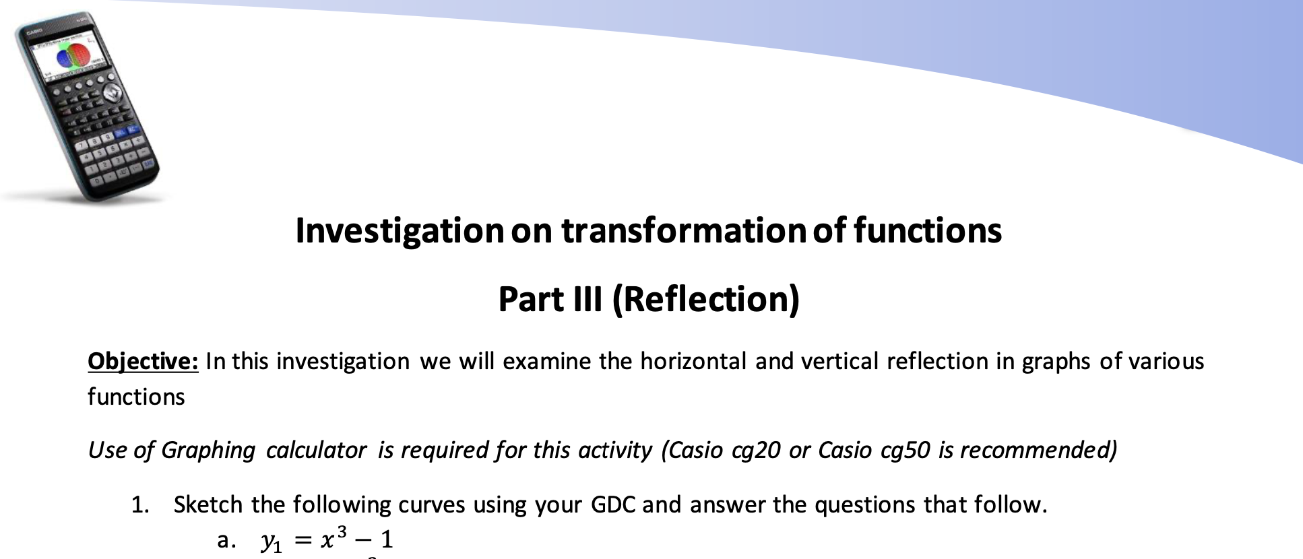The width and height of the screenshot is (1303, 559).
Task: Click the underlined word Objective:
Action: coord(143,362)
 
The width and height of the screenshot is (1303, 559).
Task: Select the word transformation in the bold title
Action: coord(683,230)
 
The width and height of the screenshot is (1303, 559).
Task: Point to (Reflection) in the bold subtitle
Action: coord(705,300)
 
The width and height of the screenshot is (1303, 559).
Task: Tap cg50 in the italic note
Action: coord(905,451)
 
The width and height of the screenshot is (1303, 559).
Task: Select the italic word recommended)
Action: coord(1038,451)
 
